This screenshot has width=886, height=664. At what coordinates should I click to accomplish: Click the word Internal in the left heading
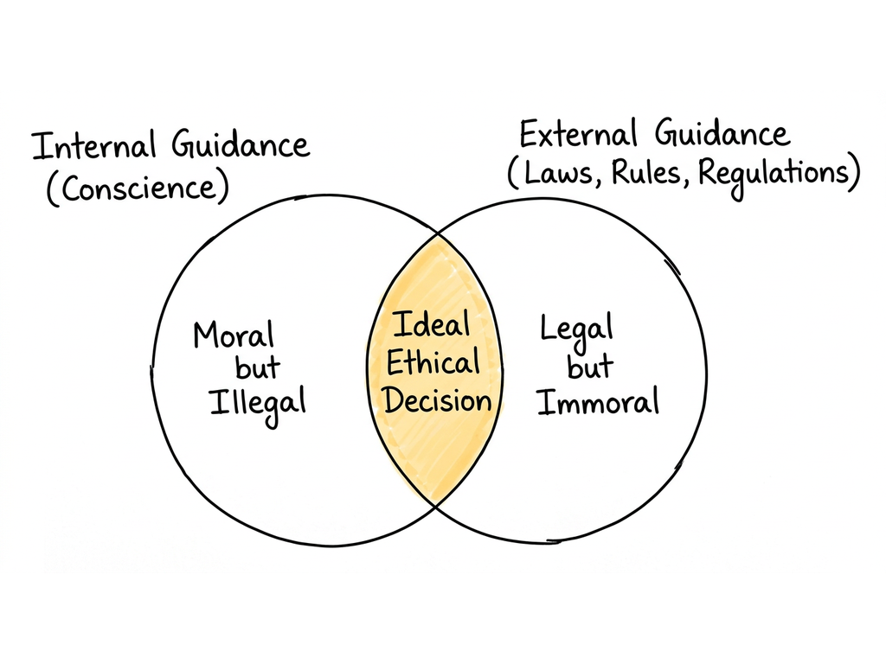pos(93,145)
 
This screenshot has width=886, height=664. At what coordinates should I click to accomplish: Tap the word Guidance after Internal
pos(241,144)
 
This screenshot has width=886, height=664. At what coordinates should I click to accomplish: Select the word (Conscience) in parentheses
pos(138,188)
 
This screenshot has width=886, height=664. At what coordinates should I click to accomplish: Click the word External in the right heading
pos(578,134)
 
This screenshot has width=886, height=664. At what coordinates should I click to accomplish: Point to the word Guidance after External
pos(722,133)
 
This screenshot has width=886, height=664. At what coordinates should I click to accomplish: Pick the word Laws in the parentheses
pos(556,172)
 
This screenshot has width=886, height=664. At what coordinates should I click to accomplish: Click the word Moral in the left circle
pos(234,335)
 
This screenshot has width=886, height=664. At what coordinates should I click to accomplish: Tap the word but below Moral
pos(258,367)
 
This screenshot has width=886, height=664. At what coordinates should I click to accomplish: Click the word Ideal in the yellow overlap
pos(432,324)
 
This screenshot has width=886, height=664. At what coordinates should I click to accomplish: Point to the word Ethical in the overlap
pos(433,362)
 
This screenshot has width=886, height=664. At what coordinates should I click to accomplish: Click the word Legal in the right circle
pos(576,331)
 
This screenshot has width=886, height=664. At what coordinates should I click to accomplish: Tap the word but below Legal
pos(590,367)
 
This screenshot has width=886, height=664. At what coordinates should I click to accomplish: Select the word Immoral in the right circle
pos(599,401)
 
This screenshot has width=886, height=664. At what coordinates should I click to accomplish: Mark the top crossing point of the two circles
pos(437,233)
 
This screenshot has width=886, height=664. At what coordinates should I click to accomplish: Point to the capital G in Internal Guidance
pos(183,144)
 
